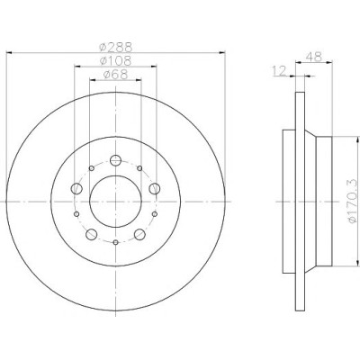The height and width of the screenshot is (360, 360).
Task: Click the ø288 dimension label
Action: coord(115,47)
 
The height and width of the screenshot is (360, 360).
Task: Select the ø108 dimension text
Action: coord(115,60)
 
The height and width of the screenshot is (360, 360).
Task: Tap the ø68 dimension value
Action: coord(115,75)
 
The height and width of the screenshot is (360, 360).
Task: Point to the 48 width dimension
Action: coord(313,57)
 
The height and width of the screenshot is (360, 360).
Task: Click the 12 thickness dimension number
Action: coord(279,71)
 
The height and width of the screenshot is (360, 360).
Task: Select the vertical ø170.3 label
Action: coord(353,201)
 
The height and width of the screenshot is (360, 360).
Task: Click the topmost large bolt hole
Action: coord(115,160)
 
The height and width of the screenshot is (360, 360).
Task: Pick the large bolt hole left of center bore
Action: coord(76,189)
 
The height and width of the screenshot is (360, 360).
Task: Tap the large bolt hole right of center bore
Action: coord(155,189)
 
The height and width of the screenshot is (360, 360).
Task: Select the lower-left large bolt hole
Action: coord(92,234)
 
